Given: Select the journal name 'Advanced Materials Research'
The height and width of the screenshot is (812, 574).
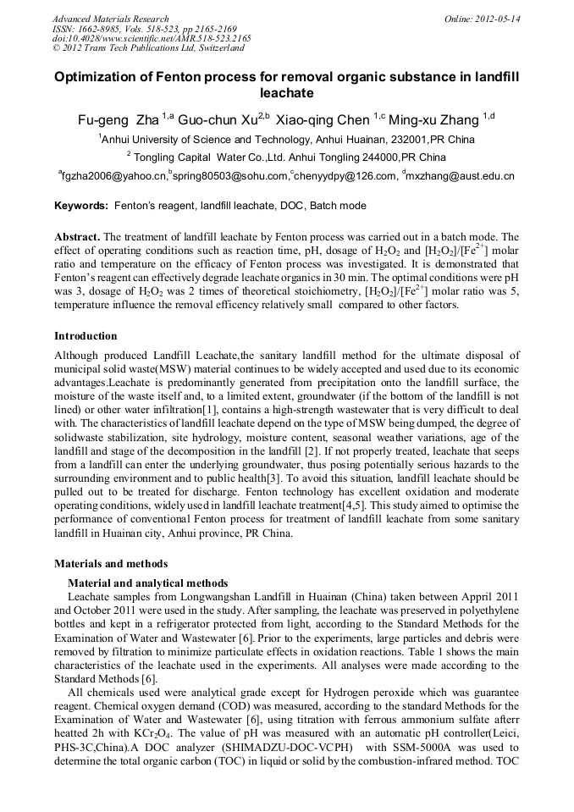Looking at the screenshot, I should [x=110, y=19].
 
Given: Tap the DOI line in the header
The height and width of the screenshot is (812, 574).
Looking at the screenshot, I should [x=152, y=39].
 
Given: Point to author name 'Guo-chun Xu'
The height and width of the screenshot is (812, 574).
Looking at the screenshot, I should [x=219, y=119].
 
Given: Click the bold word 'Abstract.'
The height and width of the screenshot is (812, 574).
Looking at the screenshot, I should [x=77, y=237].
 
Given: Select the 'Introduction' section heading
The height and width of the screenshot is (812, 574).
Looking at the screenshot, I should [x=86, y=335].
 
